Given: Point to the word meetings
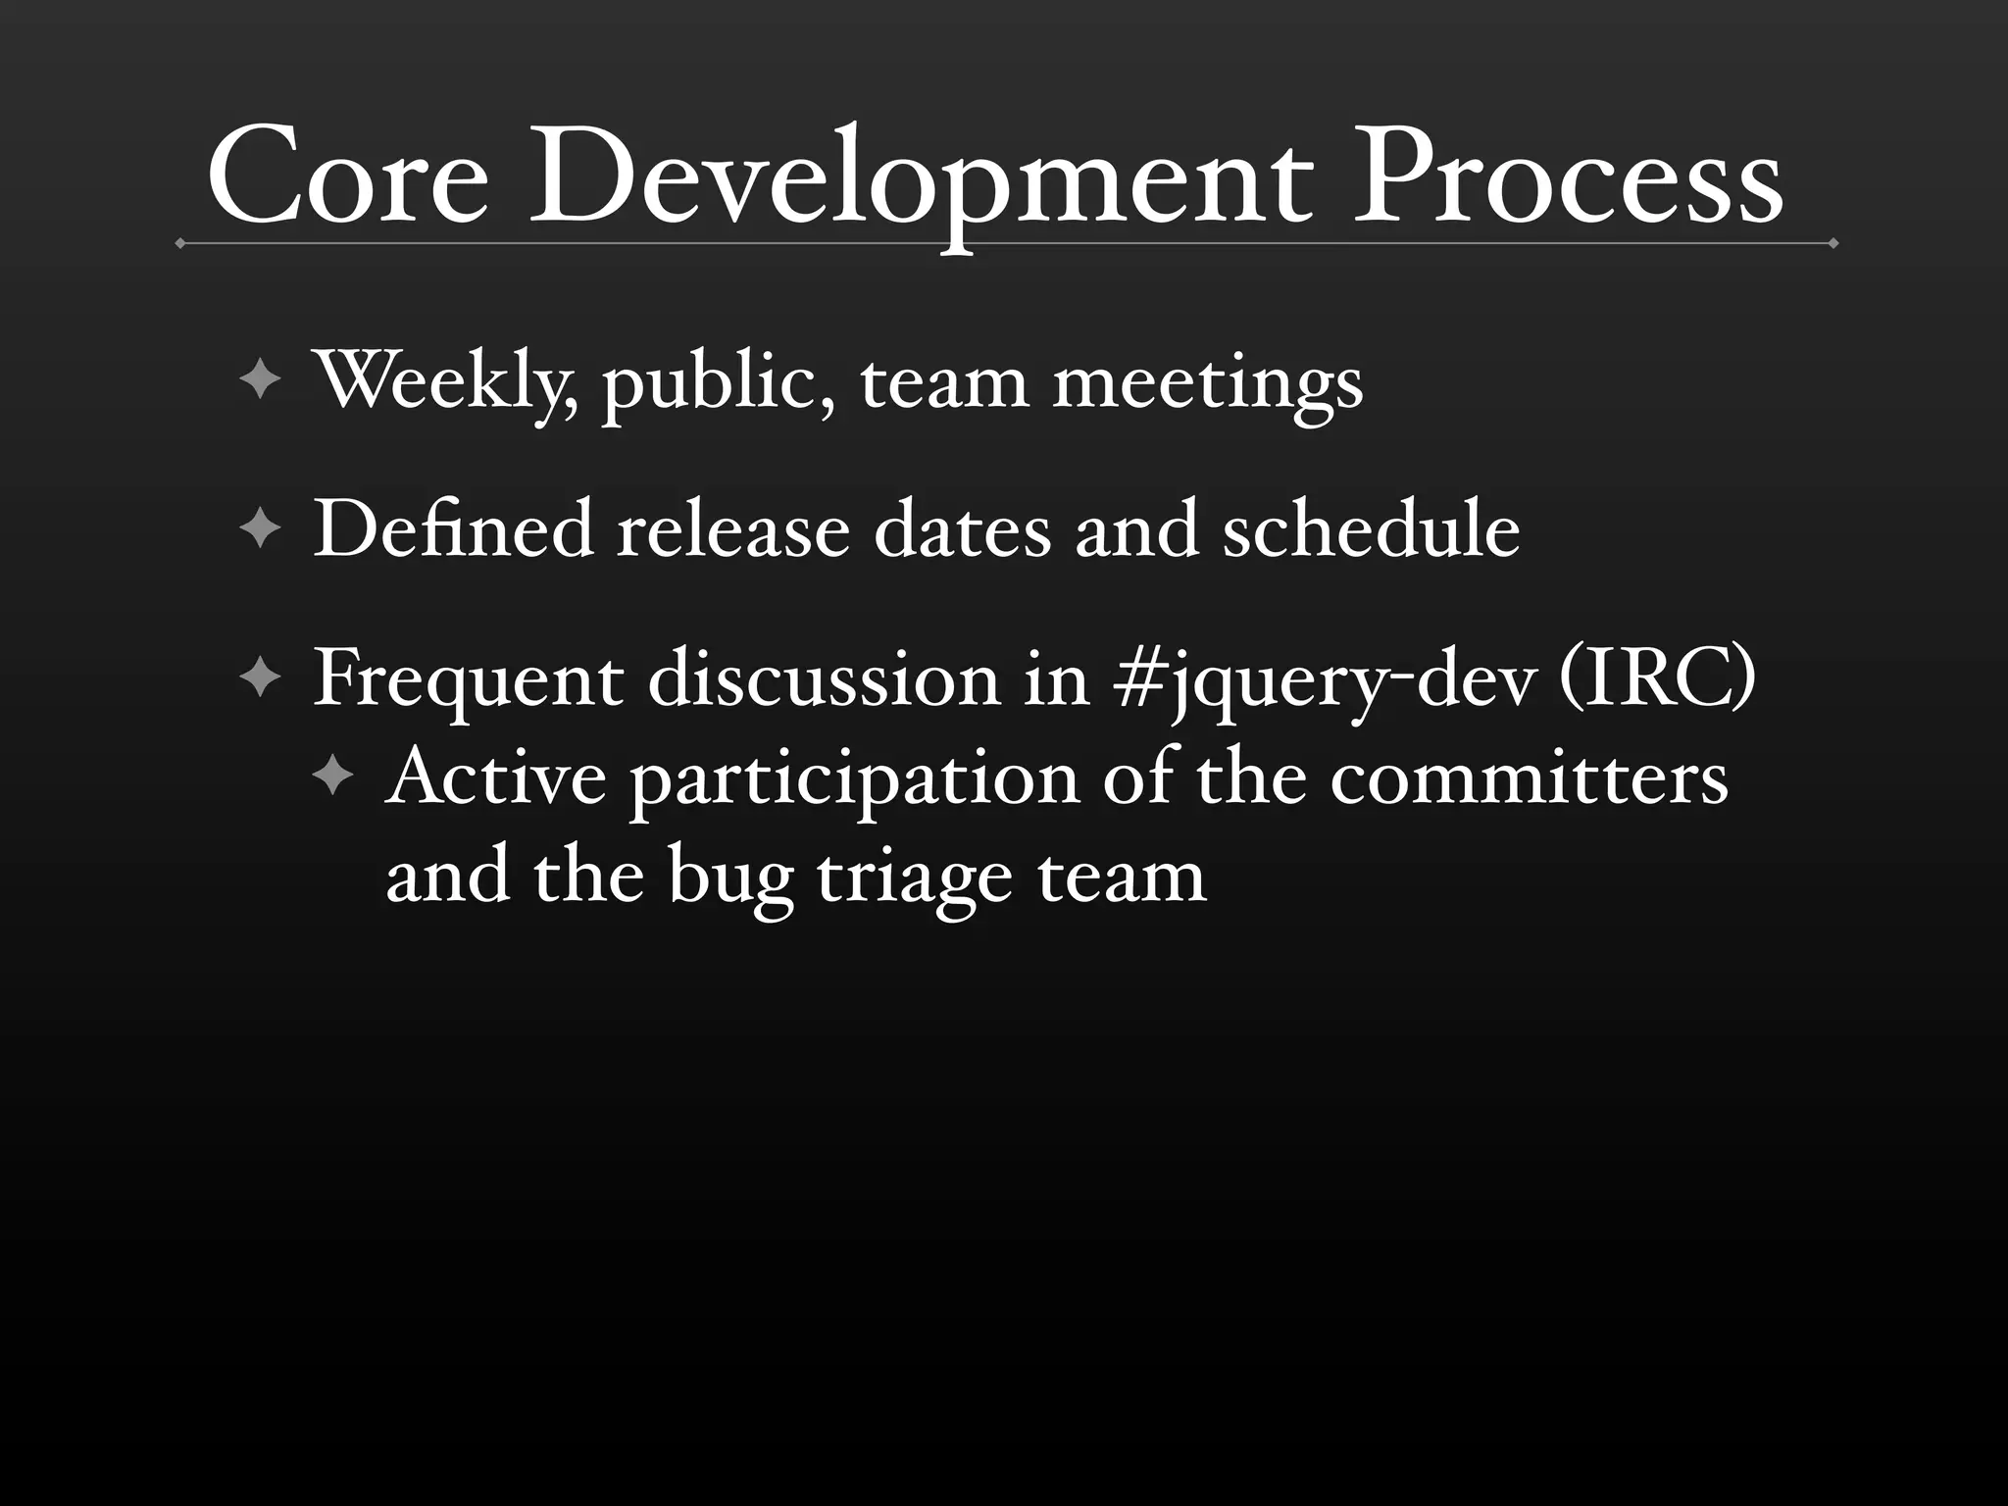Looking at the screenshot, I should (1208, 384).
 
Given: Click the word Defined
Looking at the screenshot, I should (454, 529).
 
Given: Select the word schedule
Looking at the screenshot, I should (1371, 529).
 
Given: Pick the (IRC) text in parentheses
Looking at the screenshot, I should (1656, 678).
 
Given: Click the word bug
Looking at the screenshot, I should (730, 878).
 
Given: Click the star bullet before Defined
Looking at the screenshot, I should (261, 529).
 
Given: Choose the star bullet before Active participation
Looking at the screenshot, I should (333, 778).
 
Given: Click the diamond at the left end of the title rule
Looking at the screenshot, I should (180, 243).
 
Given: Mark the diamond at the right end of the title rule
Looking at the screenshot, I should (1832, 243).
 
